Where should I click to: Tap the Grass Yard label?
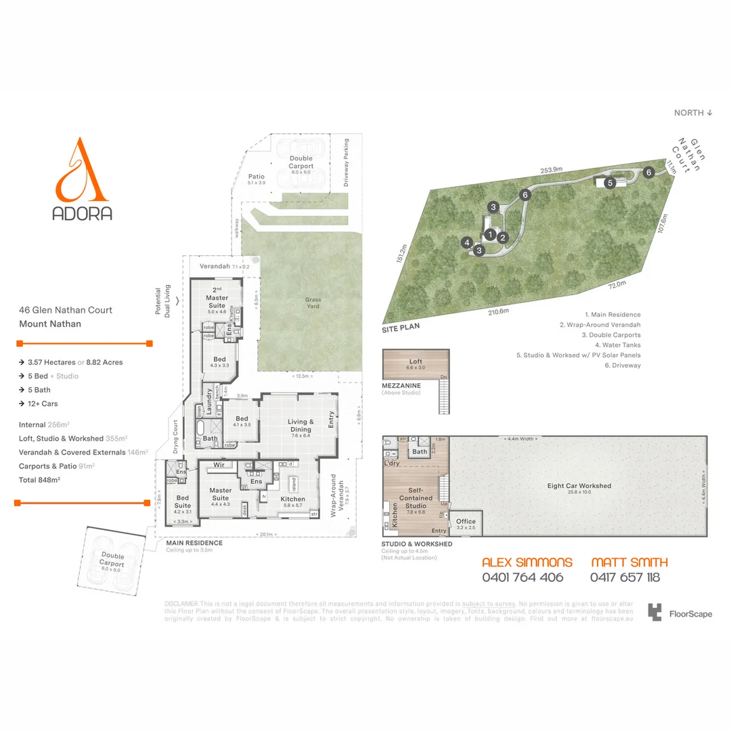[313, 303]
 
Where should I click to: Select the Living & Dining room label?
[301, 425]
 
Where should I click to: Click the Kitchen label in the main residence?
[293, 499]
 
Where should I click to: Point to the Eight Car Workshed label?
[579, 486]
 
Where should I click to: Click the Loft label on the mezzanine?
[415, 362]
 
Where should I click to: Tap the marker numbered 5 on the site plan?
[609, 183]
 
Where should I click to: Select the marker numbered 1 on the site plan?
[489, 234]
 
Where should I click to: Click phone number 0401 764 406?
[522, 577]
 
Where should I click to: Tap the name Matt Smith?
[629, 562]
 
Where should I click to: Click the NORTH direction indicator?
[693, 113]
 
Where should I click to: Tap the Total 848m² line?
[40, 479]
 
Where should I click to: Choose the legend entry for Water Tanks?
[611, 345]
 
